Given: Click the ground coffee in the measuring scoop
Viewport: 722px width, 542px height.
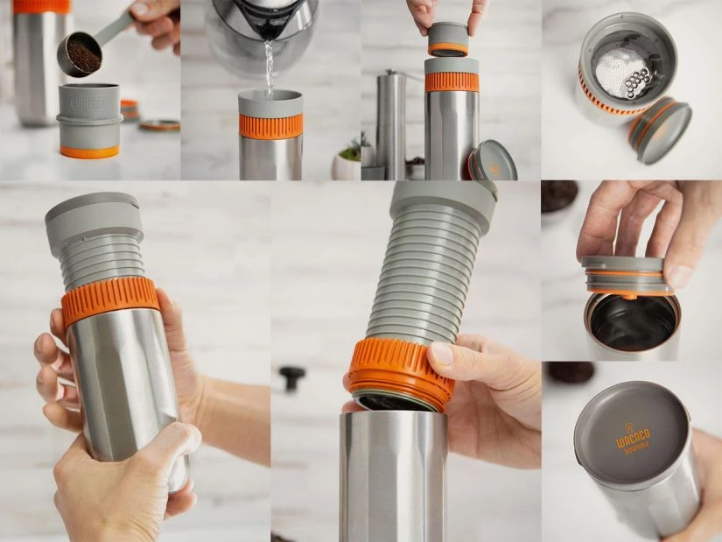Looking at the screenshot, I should click(x=82, y=57).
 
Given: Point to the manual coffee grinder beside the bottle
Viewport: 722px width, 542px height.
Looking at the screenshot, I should click(x=390, y=123).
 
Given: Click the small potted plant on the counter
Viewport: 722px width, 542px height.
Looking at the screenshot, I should click(x=346, y=162).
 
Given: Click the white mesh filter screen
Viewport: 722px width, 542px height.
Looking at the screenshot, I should click(x=617, y=65).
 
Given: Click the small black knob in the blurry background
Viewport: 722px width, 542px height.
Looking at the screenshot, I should click(x=292, y=377).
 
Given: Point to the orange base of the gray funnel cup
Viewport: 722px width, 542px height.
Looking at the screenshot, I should click(x=89, y=151).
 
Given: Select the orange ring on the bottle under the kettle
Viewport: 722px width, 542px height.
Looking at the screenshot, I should click(x=270, y=125).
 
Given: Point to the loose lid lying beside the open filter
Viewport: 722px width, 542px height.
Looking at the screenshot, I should click(x=659, y=130).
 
